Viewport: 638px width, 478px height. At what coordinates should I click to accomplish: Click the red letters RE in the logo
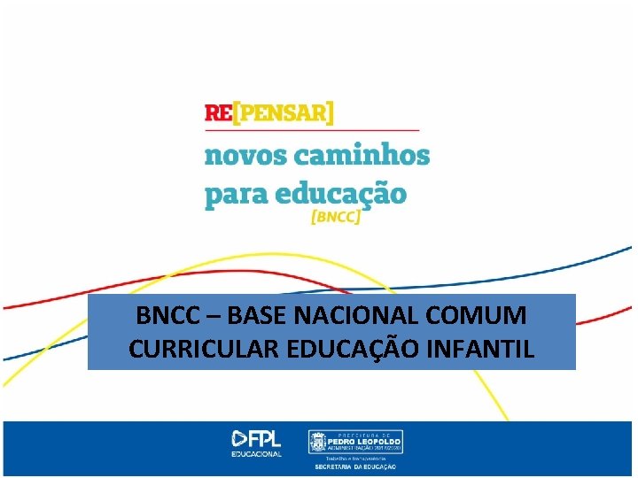(217, 112)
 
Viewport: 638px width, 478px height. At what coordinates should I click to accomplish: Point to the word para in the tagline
(236, 194)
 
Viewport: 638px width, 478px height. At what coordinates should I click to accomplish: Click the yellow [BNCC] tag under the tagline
(336, 218)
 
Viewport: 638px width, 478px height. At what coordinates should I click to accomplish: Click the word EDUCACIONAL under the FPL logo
(258, 454)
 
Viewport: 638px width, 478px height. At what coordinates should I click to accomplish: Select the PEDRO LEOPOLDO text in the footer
(365, 440)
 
